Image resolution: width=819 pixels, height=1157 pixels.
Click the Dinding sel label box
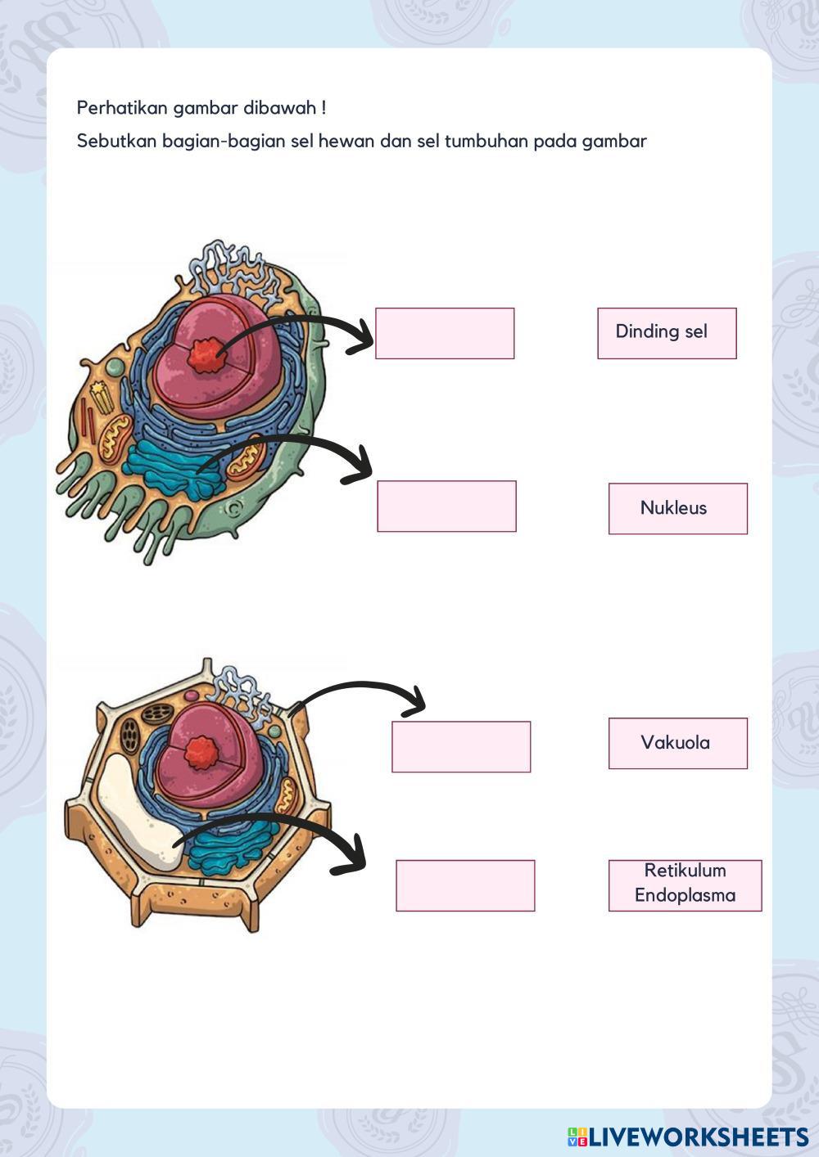click(667, 333)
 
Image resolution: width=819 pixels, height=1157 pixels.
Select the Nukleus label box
click(677, 508)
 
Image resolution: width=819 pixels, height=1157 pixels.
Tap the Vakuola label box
click(677, 743)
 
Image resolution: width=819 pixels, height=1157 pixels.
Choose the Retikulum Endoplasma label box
click(685, 885)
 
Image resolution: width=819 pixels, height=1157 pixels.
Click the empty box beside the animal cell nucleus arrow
click(445, 333)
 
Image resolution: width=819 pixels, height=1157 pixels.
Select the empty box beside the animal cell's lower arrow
click(446, 506)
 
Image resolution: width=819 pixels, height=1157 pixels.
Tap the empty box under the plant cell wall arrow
click(461, 746)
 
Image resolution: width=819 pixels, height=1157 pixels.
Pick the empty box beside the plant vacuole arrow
click(465, 885)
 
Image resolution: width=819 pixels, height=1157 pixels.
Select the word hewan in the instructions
click(345, 141)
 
